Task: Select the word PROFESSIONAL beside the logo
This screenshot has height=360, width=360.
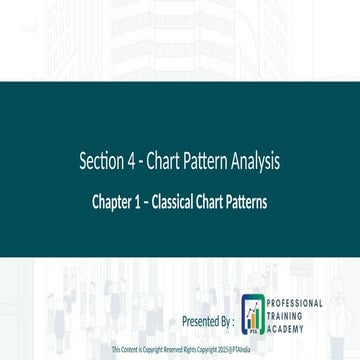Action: pos(295,302)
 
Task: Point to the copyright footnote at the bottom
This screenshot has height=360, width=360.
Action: pos(181,351)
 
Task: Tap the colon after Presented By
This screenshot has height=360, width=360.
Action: pos(235,322)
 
